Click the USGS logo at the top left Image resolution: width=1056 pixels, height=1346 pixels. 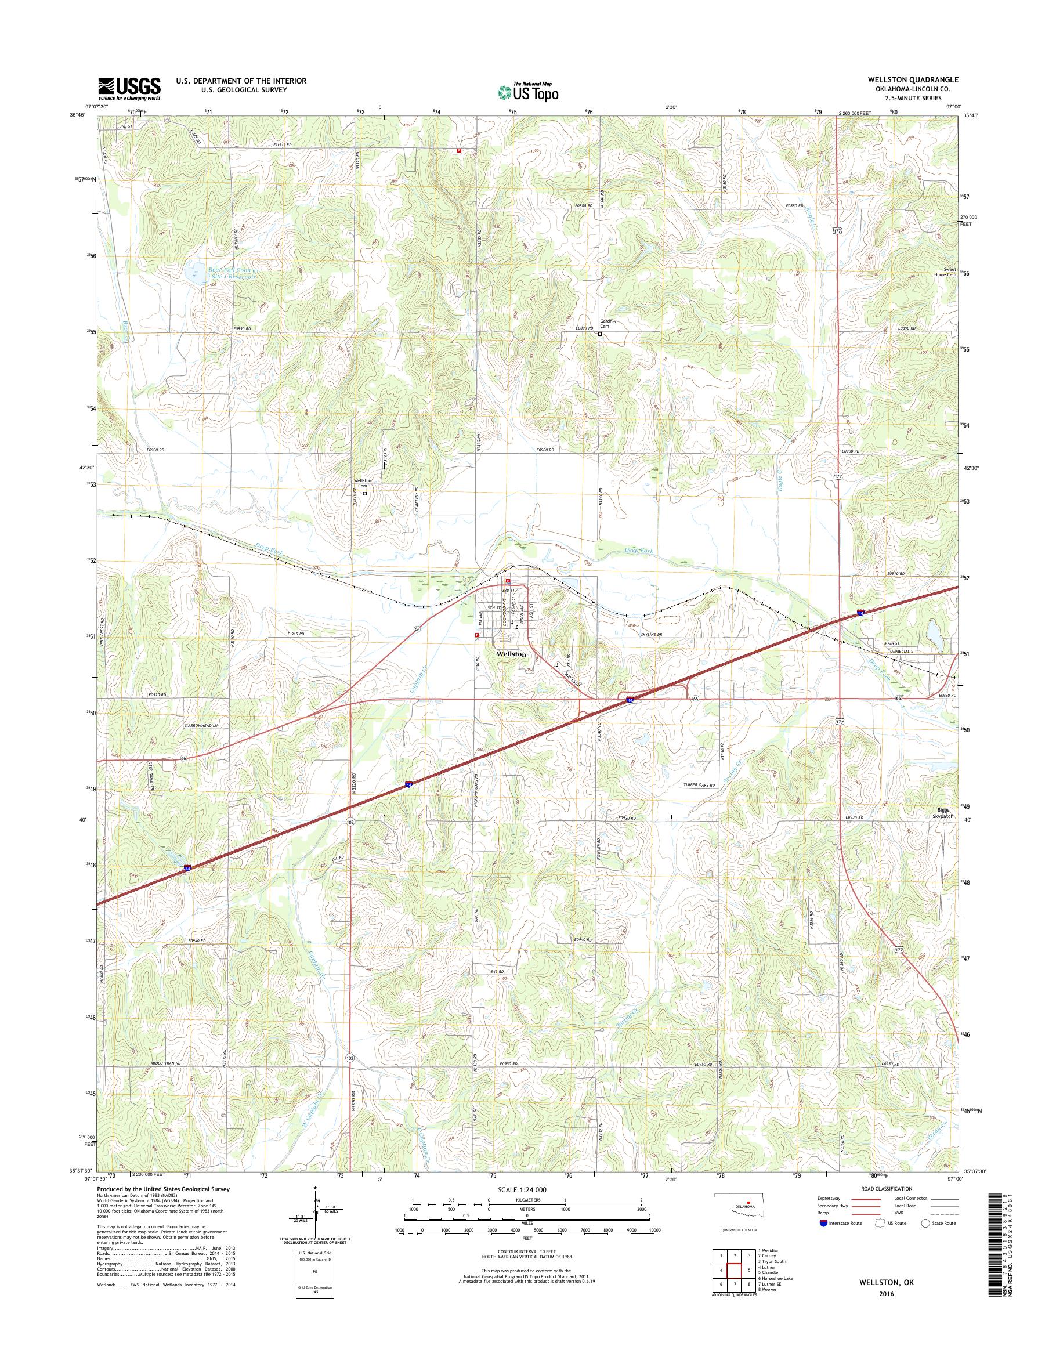tap(129, 88)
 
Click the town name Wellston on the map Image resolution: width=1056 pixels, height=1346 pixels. tap(511, 653)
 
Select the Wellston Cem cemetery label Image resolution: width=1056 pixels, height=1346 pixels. tap(362, 483)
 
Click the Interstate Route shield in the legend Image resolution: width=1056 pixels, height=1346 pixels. tap(823, 1223)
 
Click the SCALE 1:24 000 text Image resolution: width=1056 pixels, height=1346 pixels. tap(526, 1189)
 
